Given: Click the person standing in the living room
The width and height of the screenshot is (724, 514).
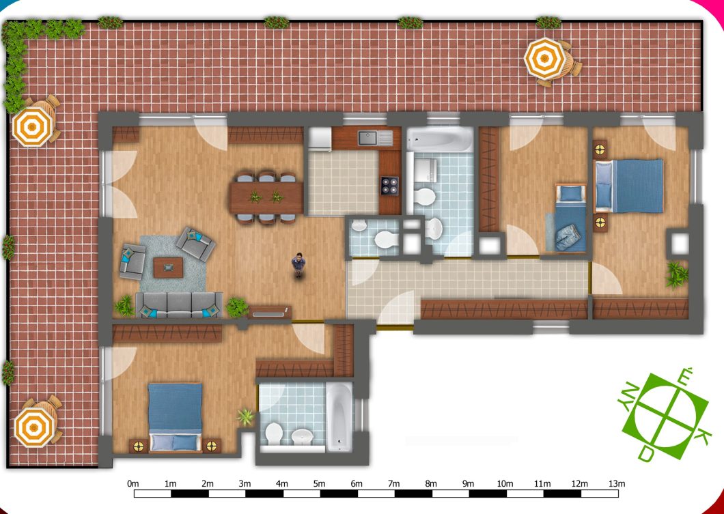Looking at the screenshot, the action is click(x=298, y=265).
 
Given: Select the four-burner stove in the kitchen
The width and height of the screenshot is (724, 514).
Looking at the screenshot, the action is click(x=390, y=186).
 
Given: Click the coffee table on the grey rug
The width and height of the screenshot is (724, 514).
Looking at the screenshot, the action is click(x=168, y=267).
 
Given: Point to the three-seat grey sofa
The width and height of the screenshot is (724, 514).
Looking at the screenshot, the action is click(x=179, y=304).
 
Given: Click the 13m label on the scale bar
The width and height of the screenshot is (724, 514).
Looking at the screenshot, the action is click(x=617, y=484).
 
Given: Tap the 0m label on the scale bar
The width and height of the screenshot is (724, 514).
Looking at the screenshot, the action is click(x=133, y=484).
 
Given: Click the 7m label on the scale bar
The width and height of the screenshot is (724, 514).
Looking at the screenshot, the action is click(x=393, y=484).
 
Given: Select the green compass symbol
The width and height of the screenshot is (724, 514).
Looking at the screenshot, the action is click(x=664, y=414).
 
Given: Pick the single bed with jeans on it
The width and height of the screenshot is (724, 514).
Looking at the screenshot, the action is click(x=571, y=218).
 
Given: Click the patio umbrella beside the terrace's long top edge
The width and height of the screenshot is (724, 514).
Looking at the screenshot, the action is click(x=545, y=59).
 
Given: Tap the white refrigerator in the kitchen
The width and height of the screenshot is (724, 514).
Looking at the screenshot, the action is click(x=320, y=139).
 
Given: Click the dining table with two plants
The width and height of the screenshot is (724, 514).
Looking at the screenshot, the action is click(x=266, y=197).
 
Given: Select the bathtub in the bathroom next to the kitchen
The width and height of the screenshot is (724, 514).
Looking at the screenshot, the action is click(x=440, y=139).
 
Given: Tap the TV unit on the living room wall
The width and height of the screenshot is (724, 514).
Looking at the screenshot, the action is click(x=269, y=313).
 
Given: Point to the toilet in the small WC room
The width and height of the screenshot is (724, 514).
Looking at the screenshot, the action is click(x=385, y=240).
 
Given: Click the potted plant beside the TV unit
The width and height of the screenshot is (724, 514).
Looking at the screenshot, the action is click(x=236, y=307).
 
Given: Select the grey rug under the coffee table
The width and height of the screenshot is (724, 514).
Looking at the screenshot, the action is click(x=173, y=264).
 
